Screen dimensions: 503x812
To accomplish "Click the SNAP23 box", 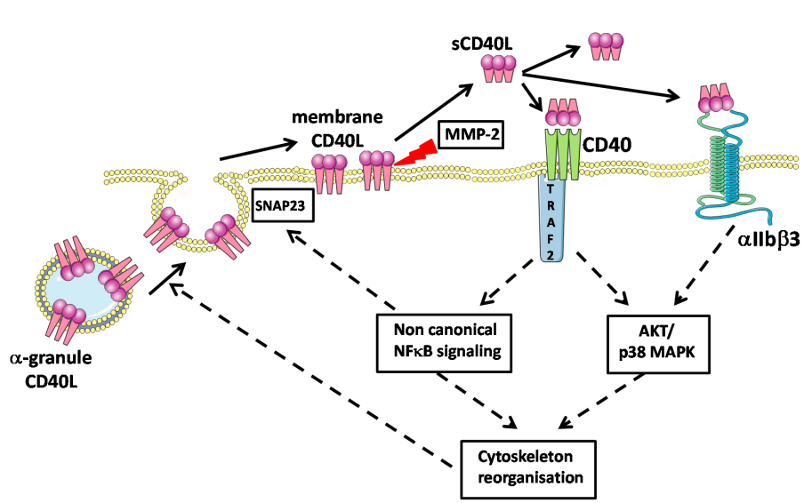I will [x=277, y=204].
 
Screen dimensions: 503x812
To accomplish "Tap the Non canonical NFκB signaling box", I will [x=444, y=339].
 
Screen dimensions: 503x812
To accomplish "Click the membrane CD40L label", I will [x=343, y=130].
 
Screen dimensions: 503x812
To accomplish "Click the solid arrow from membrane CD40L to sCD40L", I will [x=433, y=110].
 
